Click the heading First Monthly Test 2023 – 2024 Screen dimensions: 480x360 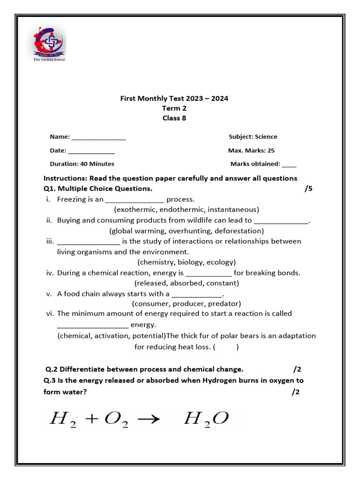point(174,98)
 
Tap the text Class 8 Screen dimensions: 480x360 point(174,118)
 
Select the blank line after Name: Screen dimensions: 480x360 point(98,137)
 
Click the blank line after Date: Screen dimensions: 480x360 point(91,151)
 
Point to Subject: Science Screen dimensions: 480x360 point(253,137)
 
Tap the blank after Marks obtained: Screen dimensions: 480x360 point(289,165)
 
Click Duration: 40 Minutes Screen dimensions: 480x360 point(82,164)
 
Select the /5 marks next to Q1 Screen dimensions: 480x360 point(308,189)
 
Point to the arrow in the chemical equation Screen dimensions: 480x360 point(148,419)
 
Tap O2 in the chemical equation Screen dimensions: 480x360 point(115,419)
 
